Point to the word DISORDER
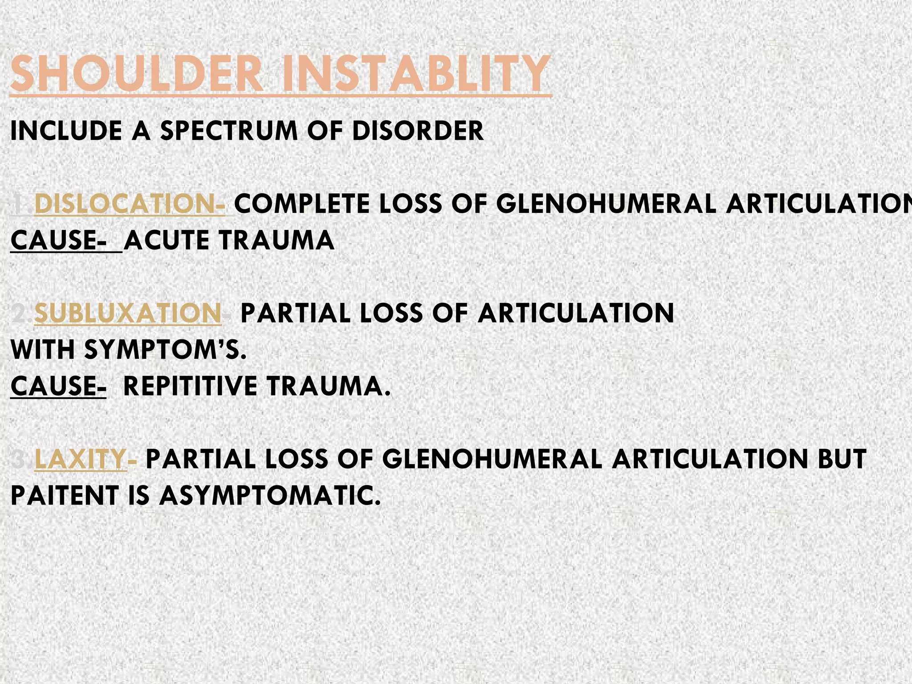click(x=417, y=131)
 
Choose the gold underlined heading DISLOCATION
click(x=129, y=204)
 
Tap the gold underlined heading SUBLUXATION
click(x=128, y=313)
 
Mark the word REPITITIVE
click(x=191, y=386)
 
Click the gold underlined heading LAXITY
click(x=81, y=459)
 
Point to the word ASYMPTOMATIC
click(x=270, y=496)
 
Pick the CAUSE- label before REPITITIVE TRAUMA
click(x=58, y=386)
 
